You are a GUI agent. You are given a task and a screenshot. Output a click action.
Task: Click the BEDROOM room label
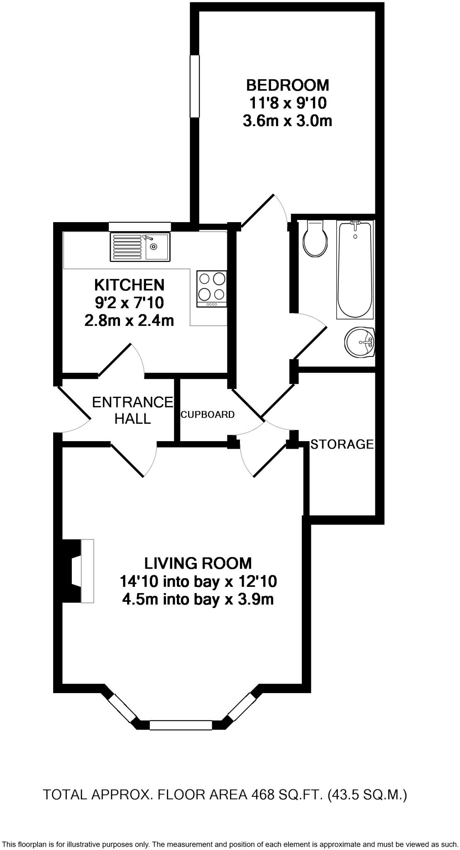[x=287, y=85]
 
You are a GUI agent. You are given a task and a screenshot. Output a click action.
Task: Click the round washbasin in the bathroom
[x=360, y=342]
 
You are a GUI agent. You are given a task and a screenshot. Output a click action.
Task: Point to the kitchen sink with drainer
[x=140, y=247]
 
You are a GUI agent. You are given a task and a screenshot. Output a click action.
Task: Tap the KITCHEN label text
[x=129, y=285]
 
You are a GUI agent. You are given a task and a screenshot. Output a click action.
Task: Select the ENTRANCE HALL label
[x=132, y=410]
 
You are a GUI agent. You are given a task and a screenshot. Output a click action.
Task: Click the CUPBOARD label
[x=207, y=415]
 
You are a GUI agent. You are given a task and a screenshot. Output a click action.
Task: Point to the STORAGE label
[x=342, y=444]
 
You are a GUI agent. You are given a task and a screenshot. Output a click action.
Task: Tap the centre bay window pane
[x=181, y=725]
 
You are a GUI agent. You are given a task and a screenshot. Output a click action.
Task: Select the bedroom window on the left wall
[x=194, y=86]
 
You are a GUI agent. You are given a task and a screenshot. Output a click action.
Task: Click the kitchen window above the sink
[x=139, y=227]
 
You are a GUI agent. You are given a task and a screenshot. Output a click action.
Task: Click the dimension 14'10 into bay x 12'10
[x=198, y=581]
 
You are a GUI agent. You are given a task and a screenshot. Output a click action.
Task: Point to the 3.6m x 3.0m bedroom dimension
[x=287, y=121]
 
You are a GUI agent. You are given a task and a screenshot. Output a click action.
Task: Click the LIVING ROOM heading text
[x=198, y=563]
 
